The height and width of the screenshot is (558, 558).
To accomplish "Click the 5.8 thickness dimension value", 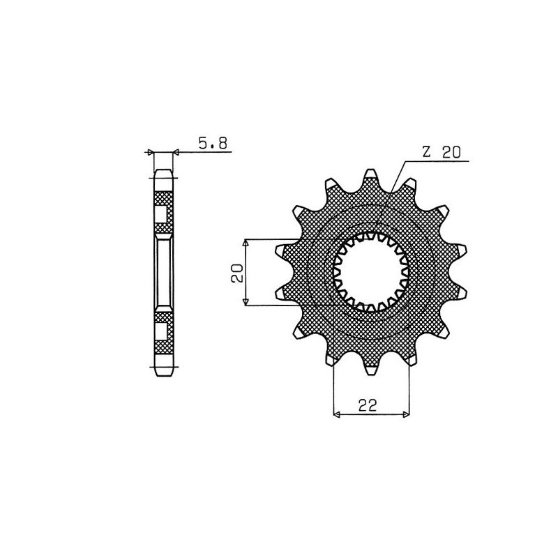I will [x=212, y=144].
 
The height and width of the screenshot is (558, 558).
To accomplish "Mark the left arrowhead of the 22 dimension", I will [x=338, y=415].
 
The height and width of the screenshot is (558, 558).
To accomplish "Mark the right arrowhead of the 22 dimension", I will [x=407, y=415].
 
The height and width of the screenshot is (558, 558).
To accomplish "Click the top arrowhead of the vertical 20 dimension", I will [x=246, y=241].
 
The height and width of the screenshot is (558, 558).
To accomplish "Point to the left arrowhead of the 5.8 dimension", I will [x=149, y=151].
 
